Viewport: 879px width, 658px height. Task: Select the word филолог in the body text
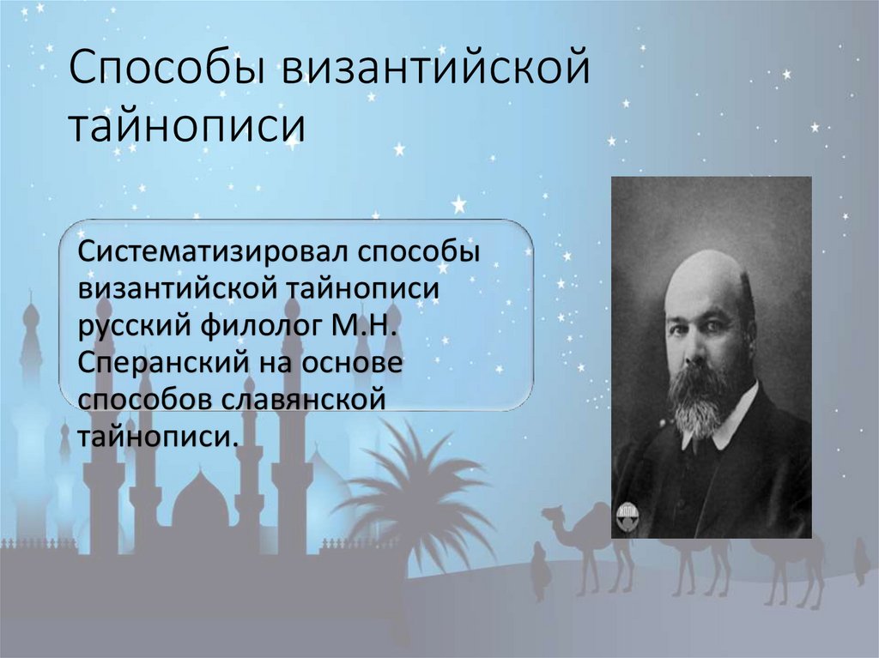coord(252,327)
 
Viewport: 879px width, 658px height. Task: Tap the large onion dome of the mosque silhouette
coord(200,502)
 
